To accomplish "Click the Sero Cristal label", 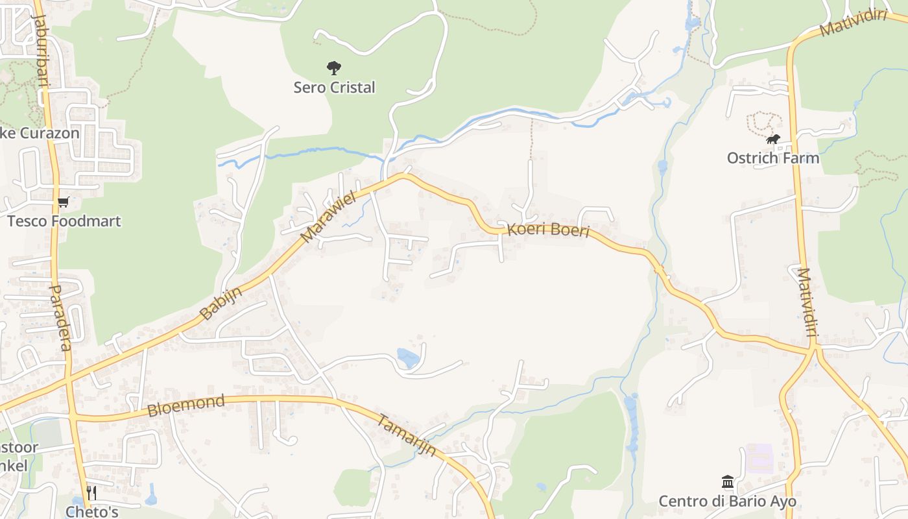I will (x=334, y=87).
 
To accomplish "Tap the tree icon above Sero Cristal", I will (x=334, y=67).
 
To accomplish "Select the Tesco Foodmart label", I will (x=64, y=221).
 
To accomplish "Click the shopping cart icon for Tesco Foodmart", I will (x=63, y=202).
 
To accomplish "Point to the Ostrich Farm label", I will (x=773, y=158).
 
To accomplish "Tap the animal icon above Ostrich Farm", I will (x=773, y=139).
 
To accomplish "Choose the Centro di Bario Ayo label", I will (x=728, y=501).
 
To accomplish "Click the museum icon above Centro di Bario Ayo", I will (x=728, y=482).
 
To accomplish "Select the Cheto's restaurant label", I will (x=91, y=511).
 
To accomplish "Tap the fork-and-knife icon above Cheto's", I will (x=91, y=493).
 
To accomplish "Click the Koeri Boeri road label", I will (x=549, y=230).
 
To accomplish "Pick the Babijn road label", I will (x=221, y=303).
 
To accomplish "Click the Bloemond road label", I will (x=186, y=405).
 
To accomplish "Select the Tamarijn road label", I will (x=407, y=434).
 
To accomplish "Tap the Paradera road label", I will (x=60, y=317).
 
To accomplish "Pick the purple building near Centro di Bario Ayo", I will (x=759, y=458).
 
